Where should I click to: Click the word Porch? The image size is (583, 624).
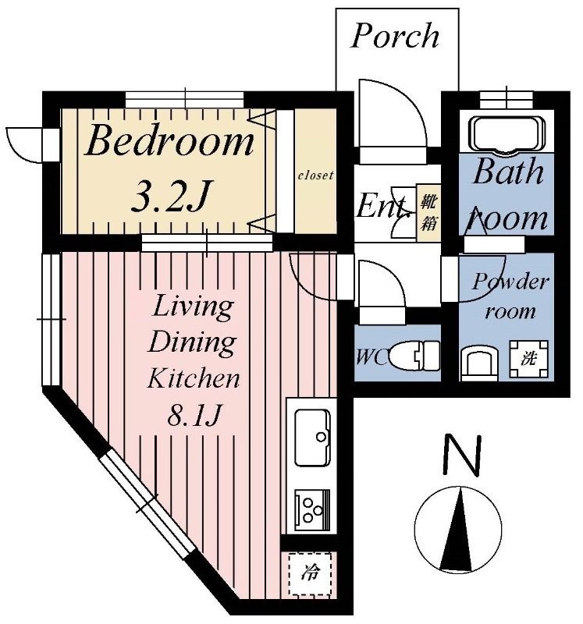pos(395,35)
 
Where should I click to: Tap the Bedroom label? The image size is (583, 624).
pos(169,141)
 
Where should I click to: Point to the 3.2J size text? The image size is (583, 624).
pos(169,196)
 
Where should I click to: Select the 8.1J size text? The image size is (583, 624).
pos(194,414)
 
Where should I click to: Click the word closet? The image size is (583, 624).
pos(315,175)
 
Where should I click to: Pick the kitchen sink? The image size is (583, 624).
pos(312,437)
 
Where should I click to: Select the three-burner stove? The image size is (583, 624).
pos(313,510)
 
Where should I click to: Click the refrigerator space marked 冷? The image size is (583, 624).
pos(310,573)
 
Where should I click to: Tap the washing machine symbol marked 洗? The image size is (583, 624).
pos(529,359)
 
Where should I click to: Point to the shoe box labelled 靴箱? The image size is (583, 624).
pos(428,212)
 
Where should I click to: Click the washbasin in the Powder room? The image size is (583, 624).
pos(479,361)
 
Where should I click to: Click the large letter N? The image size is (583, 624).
pos(462,455)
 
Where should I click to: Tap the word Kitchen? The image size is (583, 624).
pos(194,378)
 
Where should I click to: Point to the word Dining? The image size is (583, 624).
pos(192,342)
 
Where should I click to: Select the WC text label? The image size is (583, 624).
pos(371,357)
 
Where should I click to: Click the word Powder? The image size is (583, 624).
pos(510,282)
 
